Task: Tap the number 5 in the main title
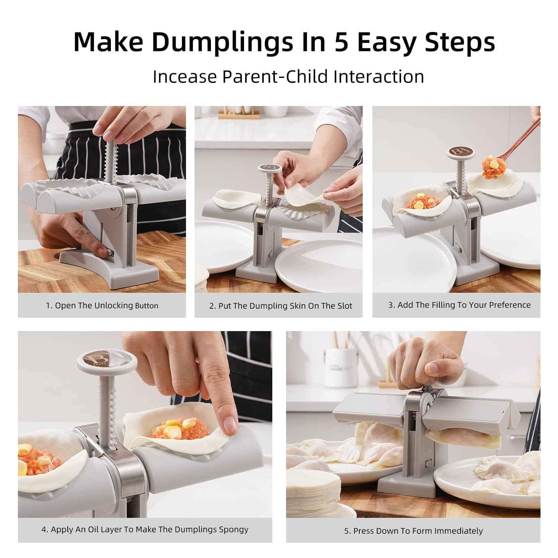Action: pyautogui.click(x=341, y=42)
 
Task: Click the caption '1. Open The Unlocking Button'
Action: pyautogui.click(x=102, y=306)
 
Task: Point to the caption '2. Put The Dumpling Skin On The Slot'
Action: pyautogui.click(x=280, y=306)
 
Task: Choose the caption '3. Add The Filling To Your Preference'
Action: pyautogui.click(x=459, y=305)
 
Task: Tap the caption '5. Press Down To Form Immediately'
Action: pyautogui.click(x=413, y=531)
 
